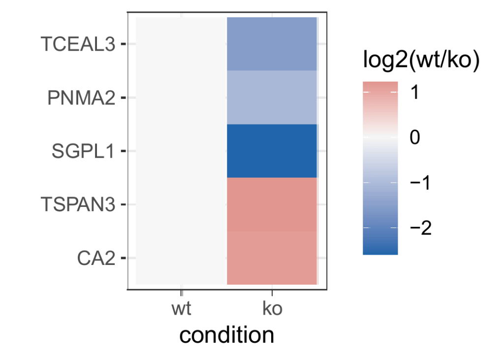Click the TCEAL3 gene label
click(x=78, y=44)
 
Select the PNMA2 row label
click(x=81, y=98)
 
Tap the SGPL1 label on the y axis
click(x=83, y=151)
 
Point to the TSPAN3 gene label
click(x=79, y=204)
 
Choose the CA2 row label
click(x=95, y=258)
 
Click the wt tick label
click(x=181, y=310)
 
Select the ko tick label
click(x=272, y=310)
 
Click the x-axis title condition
click(x=226, y=335)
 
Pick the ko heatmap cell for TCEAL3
click(x=272, y=44)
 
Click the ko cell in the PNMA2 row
click(x=272, y=98)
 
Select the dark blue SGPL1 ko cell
click(x=272, y=151)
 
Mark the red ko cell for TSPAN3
click(x=272, y=204)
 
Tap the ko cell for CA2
click(x=272, y=258)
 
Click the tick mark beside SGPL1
click(x=124, y=151)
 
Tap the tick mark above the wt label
click(x=181, y=293)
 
